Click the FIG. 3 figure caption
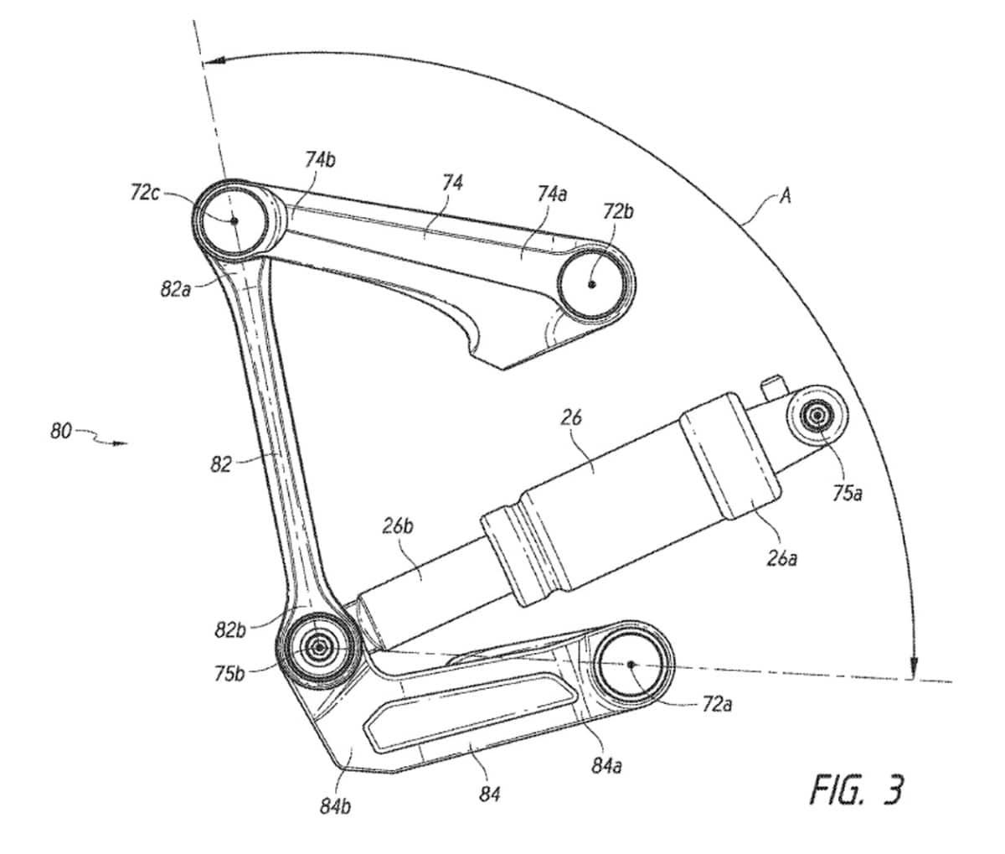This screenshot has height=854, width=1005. pyautogui.click(x=857, y=789)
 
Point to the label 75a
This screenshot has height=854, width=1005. pyautogui.click(x=847, y=494)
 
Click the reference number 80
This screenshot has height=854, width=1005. pyautogui.click(x=61, y=434)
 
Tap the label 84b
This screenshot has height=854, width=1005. pyautogui.click(x=334, y=806)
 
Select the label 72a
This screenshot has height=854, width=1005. pyautogui.click(x=716, y=706)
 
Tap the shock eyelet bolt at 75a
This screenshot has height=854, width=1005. pyautogui.click(x=816, y=414)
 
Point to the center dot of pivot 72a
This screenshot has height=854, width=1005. pyautogui.click(x=630, y=665)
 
